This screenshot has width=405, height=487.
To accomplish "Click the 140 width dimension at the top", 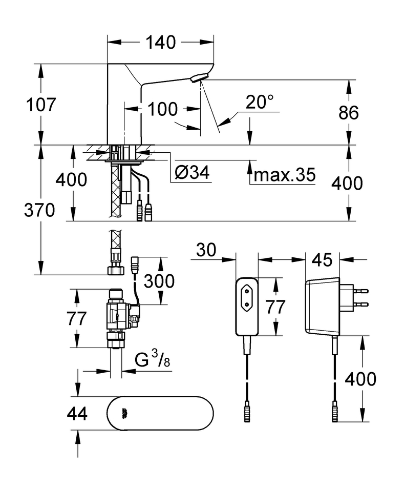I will click(161, 42).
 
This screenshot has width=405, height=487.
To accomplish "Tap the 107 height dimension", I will click(41, 105).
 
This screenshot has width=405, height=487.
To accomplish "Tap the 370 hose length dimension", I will click(39, 210).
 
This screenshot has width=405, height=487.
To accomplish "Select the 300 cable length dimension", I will click(159, 280).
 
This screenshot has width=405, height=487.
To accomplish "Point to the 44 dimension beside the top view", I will click(77, 413).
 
